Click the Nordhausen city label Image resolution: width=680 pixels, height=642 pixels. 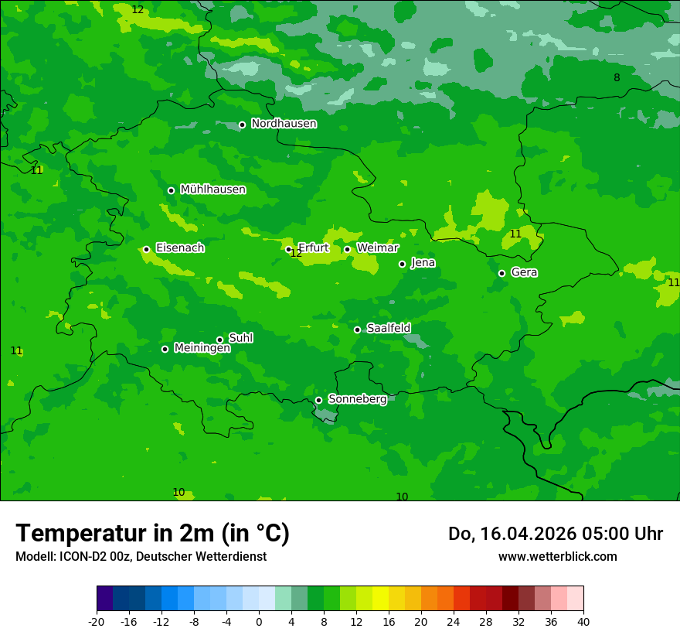point(284,124)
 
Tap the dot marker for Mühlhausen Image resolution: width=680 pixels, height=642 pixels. point(171,190)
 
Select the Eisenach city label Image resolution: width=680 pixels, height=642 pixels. point(180,248)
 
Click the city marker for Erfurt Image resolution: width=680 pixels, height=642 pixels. point(288,249)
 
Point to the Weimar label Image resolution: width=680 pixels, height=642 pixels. point(377,248)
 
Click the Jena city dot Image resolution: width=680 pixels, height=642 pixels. point(402,264)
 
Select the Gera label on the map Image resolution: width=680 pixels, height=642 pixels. point(524,272)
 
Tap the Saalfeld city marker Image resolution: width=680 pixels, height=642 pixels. point(357,330)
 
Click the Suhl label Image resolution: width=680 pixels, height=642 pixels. point(240,338)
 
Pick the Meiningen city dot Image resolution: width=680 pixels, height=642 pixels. point(165,349)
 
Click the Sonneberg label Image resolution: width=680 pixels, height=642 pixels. point(357,399)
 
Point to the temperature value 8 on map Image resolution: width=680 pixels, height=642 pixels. point(617,77)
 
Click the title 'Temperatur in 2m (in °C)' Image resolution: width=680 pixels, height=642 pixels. point(152,534)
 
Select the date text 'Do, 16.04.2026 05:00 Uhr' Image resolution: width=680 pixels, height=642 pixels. point(555,534)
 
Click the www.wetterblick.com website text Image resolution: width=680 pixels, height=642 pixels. point(557,556)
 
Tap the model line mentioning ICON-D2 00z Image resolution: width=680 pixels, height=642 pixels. point(141,556)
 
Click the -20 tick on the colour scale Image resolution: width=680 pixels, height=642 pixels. point(97,621)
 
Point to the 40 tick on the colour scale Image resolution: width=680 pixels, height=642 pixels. point(583,621)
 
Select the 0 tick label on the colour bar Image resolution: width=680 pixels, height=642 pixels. point(259,621)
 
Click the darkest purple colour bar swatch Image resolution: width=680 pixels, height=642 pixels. point(104,599)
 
